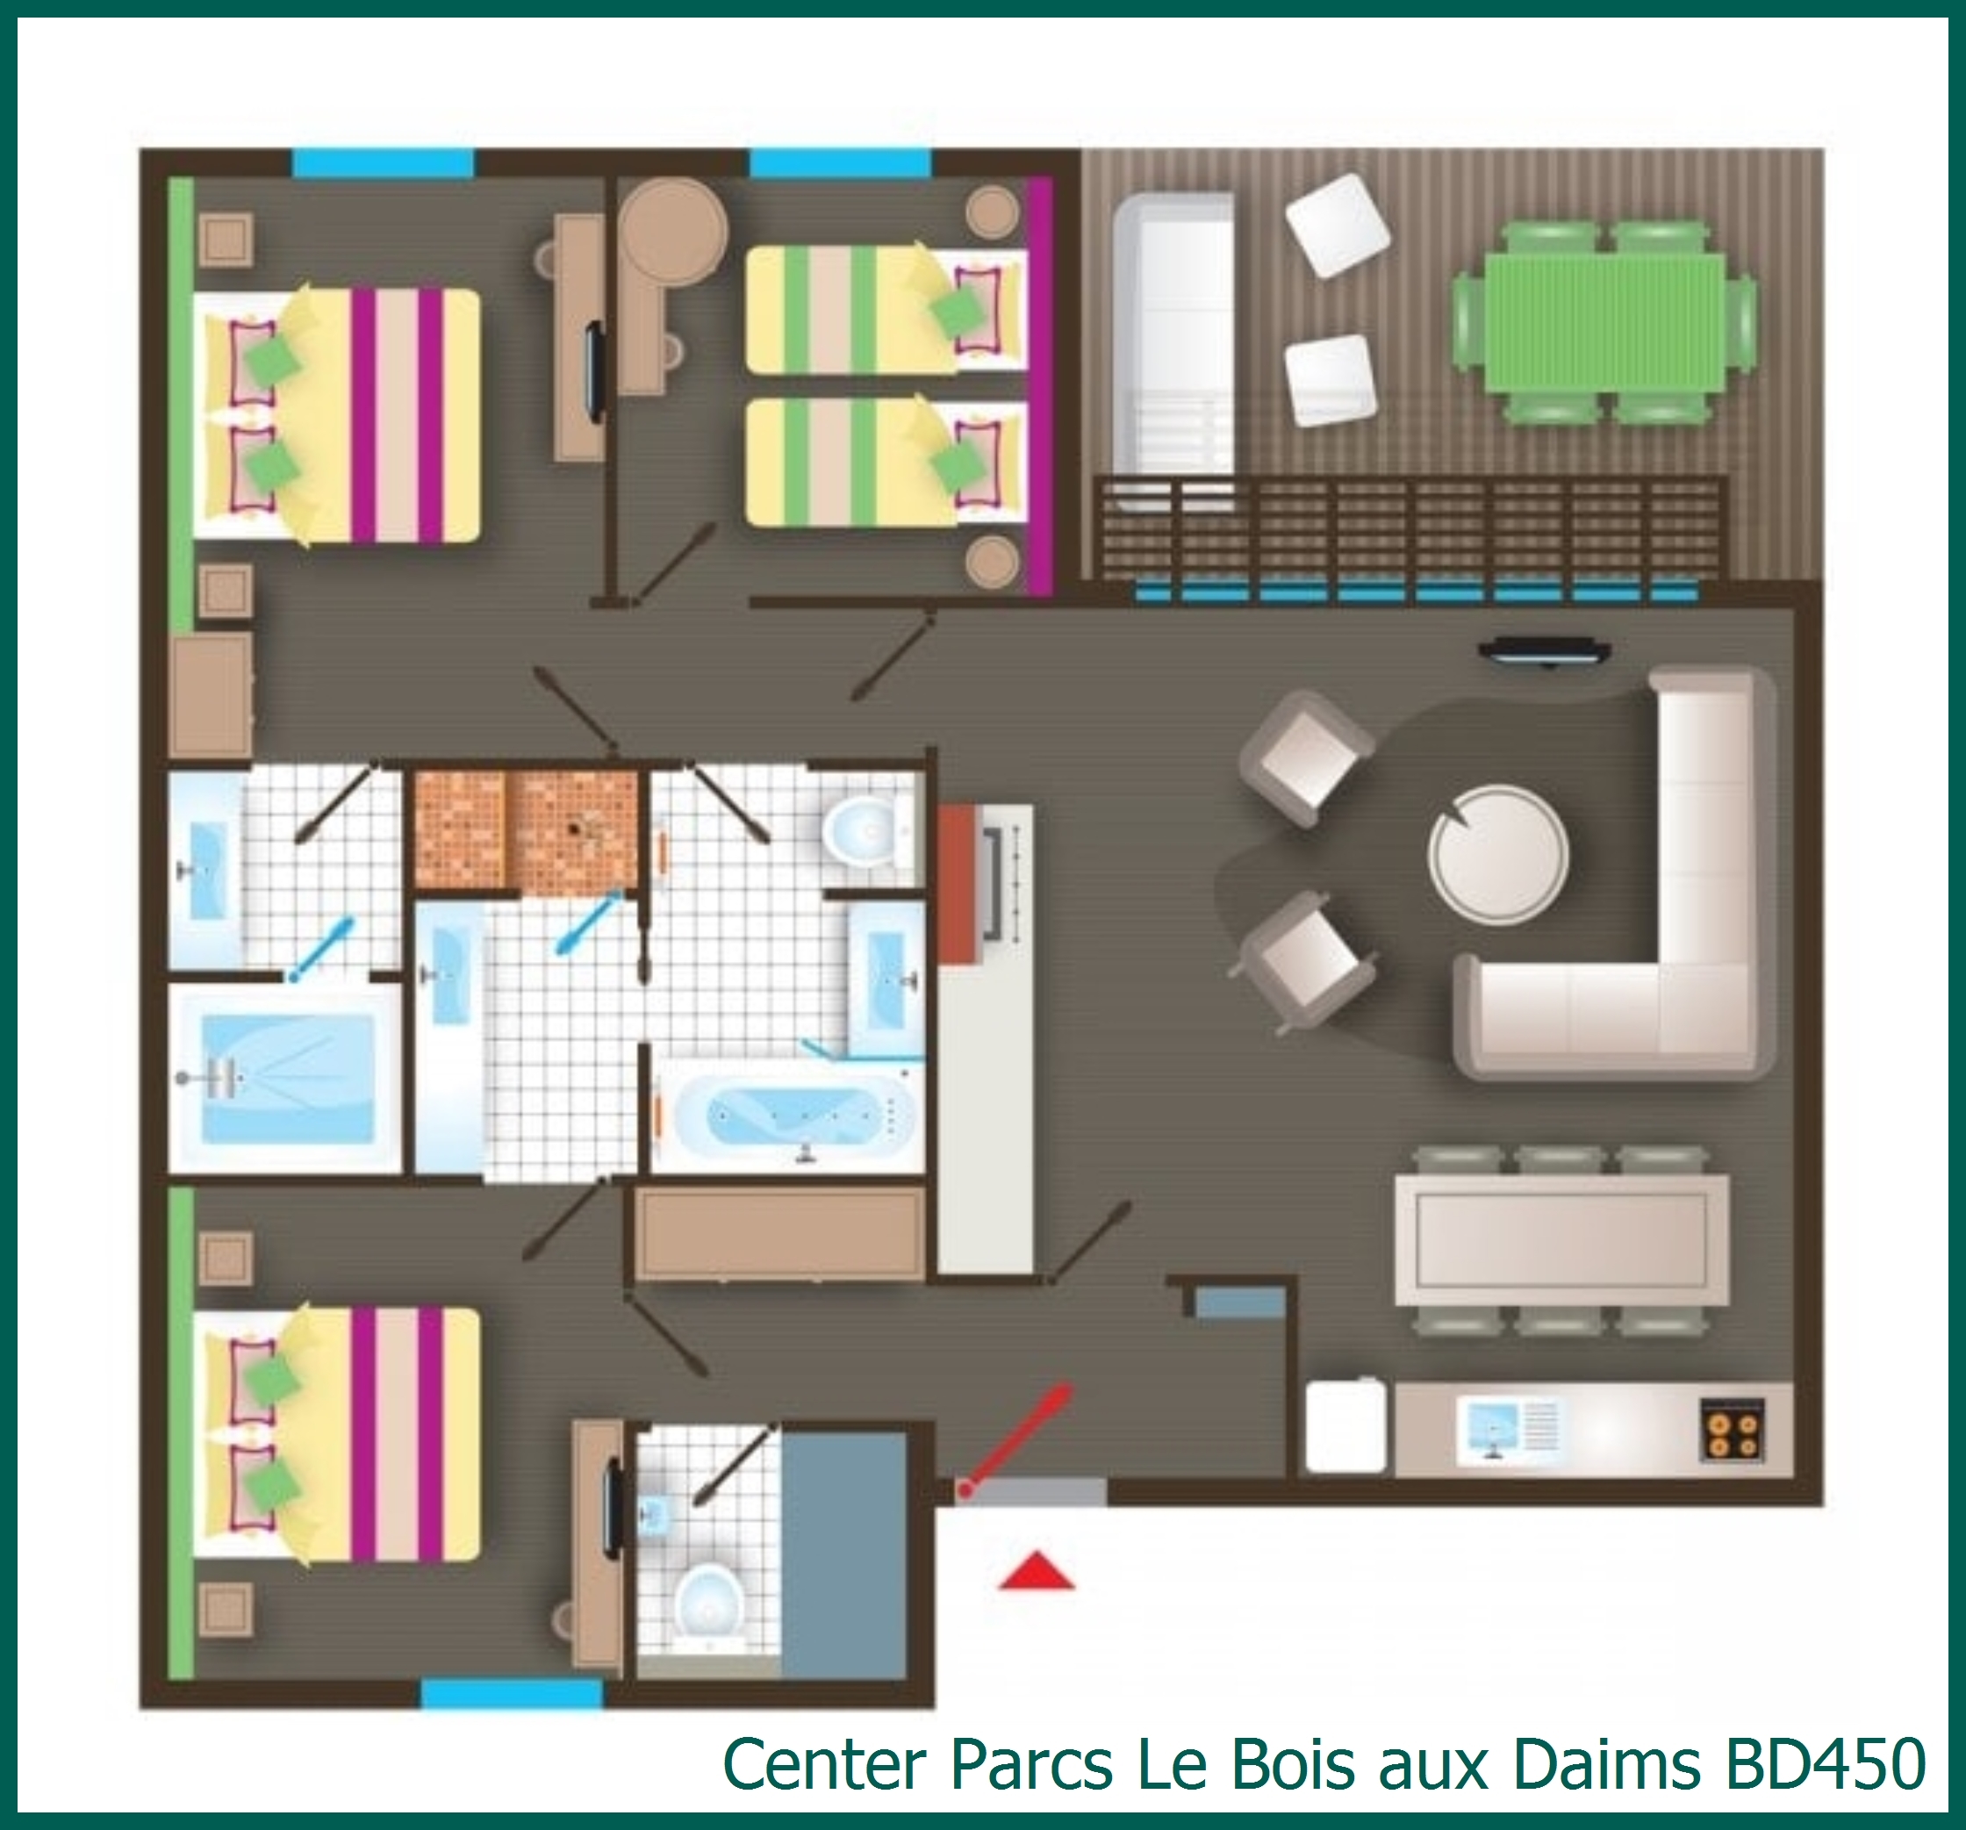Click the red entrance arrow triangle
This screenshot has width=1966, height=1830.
1036,1571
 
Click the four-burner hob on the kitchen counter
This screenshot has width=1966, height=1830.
1733,1428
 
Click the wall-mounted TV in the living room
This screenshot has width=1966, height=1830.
1544,651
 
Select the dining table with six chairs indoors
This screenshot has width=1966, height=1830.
1561,1239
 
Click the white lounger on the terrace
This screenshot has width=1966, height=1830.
1173,346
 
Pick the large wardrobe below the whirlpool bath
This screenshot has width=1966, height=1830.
780,1233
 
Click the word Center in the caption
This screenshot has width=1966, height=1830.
825,1762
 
